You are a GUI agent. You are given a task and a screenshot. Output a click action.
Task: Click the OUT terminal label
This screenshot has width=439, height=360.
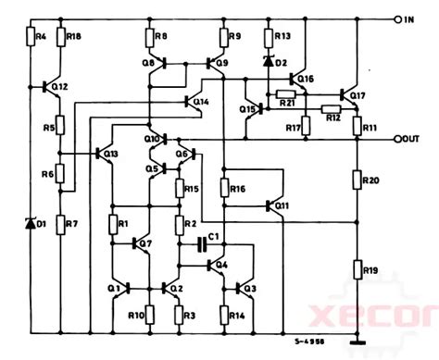pyautogui.click(x=415, y=139)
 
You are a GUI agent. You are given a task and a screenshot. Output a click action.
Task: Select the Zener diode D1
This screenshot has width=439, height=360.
pyautogui.click(x=28, y=222)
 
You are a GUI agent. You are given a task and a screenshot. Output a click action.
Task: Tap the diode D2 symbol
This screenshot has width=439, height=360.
pyautogui.click(x=269, y=63)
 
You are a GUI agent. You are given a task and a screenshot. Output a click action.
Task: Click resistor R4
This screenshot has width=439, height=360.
pyautogui.click(x=28, y=37)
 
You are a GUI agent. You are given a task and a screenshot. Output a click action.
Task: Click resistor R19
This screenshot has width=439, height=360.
pyautogui.click(x=358, y=270)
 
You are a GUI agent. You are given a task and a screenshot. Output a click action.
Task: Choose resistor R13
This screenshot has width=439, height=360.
pyautogui.click(x=269, y=37)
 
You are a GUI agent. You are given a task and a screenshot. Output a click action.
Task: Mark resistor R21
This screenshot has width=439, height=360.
pyautogui.click(x=285, y=94)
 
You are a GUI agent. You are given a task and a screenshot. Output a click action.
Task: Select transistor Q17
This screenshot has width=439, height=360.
pyautogui.click(x=351, y=94)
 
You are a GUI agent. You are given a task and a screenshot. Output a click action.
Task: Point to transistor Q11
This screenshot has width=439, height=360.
pyautogui.click(x=275, y=205)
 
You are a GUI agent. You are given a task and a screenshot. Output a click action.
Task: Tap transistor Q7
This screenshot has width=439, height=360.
pyautogui.click(x=135, y=244)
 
